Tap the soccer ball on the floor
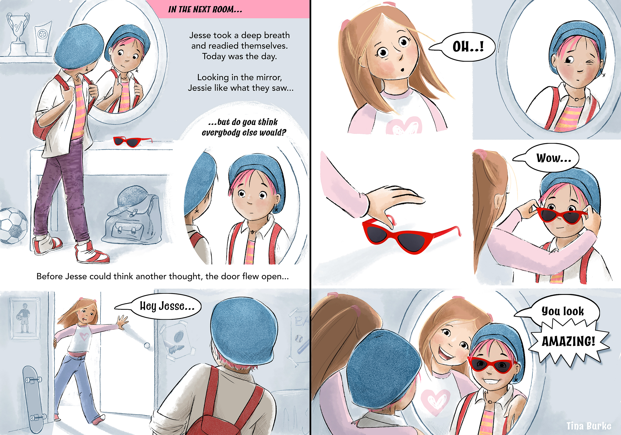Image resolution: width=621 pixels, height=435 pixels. click(13, 226)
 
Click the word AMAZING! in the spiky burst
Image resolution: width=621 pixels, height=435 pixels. click(568, 341)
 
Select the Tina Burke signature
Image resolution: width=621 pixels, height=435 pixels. click(589, 426)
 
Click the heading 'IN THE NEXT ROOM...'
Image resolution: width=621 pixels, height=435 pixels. click(205, 9)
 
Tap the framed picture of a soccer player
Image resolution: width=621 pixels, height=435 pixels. click(25, 318)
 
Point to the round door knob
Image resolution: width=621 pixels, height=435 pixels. click(147, 346)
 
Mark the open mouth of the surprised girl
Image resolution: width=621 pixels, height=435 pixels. click(402, 70)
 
